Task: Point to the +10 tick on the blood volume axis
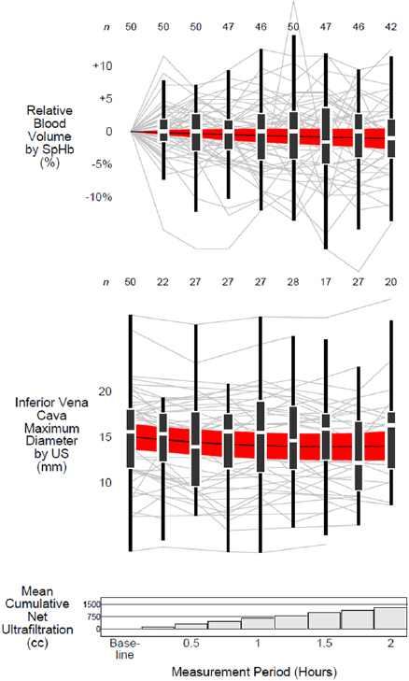[103, 66]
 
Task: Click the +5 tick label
[103, 99]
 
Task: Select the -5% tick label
[101, 164]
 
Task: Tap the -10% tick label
[101, 197]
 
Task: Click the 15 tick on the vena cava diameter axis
[105, 436]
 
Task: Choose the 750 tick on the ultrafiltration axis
[91, 617]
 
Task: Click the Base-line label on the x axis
[124, 649]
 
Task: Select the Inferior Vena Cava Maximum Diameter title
[46, 436]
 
